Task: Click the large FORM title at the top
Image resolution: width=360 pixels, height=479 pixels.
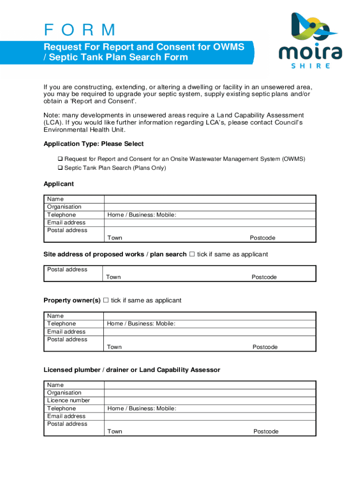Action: (x=79, y=30)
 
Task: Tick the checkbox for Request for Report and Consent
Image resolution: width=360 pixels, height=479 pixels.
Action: (x=60, y=159)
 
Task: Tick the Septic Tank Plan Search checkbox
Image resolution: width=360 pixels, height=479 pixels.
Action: (x=60, y=168)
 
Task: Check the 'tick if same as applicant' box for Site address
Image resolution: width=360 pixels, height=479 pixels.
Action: (x=191, y=254)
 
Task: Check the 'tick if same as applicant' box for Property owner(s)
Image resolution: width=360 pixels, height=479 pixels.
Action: (x=106, y=300)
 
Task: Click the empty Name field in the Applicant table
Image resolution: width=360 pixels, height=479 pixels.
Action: (x=209, y=199)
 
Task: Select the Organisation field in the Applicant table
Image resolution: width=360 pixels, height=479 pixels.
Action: (x=209, y=207)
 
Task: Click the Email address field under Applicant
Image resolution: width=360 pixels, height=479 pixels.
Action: (x=209, y=223)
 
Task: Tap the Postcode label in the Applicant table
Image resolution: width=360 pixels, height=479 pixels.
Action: (x=262, y=238)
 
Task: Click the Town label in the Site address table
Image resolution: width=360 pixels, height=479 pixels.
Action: (x=113, y=277)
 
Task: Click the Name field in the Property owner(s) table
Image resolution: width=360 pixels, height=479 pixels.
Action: (x=209, y=316)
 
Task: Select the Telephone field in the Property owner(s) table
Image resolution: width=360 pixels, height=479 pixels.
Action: (x=209, y=324)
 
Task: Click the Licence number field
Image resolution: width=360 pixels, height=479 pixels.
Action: (x=209, y=400)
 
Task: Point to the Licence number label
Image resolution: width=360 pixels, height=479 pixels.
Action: (x=68, y=400)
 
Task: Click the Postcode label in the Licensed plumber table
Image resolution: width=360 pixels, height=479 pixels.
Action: (x=266, y=432)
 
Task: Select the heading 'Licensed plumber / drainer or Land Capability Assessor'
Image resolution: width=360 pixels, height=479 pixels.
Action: (x=131, y=370)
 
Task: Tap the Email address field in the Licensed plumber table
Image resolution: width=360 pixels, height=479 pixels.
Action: (x=209, y=416)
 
